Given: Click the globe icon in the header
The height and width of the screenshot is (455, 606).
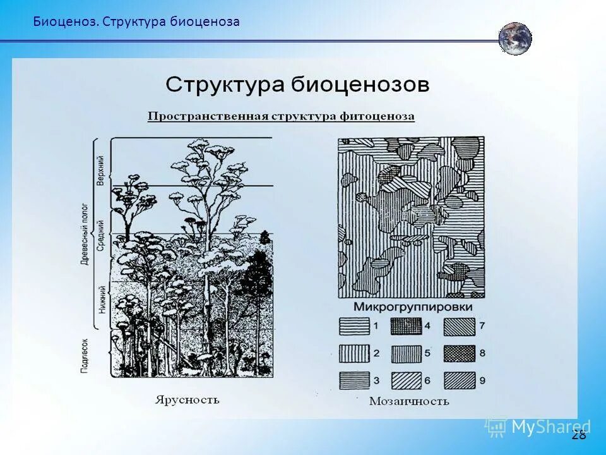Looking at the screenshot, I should (514, 39).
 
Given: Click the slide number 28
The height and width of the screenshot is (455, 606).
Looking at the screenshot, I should (578, 435).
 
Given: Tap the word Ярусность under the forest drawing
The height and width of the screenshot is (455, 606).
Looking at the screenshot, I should (187, 399).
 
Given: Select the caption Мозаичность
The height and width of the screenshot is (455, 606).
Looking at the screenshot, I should (409, 401).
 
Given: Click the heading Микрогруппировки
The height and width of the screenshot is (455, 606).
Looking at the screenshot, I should (413, 307).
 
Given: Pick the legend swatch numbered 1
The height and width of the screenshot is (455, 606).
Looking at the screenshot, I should (354, 326).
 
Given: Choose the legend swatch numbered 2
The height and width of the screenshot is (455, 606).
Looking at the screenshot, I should (354, 353).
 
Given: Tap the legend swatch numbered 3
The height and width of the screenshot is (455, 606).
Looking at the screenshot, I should (354, 380).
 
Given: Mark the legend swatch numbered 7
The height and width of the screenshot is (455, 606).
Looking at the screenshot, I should (459, 326).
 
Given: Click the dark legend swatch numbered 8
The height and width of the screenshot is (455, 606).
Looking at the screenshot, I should (459, 353).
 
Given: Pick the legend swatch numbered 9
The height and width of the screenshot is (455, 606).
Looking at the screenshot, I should (459, 380).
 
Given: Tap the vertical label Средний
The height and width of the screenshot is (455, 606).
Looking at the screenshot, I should (100, 236).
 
